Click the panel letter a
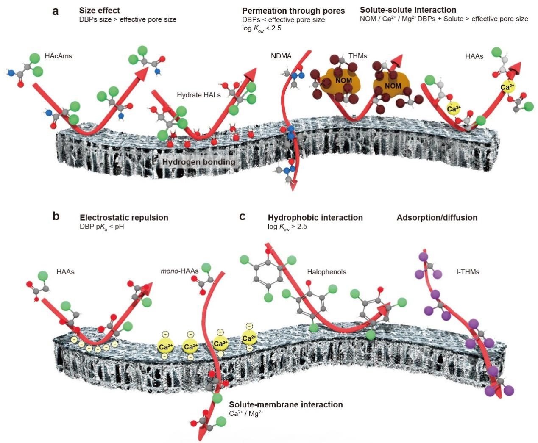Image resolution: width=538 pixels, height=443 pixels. tap(56, 11)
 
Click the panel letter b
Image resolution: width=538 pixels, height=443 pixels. tap(56, 216)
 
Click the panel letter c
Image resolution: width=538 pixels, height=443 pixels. tap(243, 216)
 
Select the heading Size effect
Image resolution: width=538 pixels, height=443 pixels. tap(100, 11)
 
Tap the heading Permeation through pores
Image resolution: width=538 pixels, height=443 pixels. tap(293, 11)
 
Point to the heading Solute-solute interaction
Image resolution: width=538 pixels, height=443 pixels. tap(408, 10)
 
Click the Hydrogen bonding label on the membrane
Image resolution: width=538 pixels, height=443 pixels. tap(198, 162)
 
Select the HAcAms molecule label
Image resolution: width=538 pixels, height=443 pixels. tap(59, 56)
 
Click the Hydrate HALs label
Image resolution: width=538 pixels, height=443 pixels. tap(199, 95)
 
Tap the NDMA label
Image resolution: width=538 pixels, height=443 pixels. tap(281, 56)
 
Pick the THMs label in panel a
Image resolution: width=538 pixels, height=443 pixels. tap(357, 56)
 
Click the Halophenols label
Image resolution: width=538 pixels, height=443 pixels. tap(326, 272)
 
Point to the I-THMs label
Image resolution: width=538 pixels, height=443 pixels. tap(468, 271)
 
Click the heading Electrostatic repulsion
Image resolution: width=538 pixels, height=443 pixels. tap(124, 218)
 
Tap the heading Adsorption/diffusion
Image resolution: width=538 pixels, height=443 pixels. tap(437, 218)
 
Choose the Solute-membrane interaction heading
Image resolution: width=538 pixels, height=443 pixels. tap(286, 404)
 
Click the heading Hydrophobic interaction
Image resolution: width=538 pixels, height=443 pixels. tap(315, 218)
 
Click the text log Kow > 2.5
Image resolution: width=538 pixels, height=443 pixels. tap(287, 227)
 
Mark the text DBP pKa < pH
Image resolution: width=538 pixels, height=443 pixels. tap(102, 227)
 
